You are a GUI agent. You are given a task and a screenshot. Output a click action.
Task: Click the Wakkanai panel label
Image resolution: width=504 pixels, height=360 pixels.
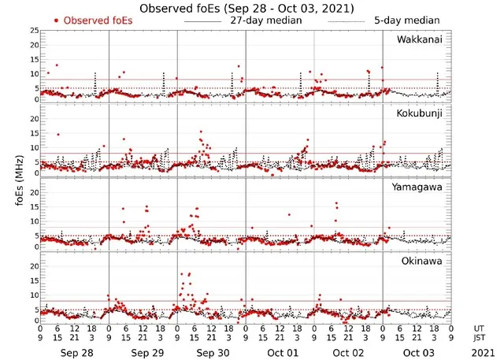pyautogui.click(x=419, y=39)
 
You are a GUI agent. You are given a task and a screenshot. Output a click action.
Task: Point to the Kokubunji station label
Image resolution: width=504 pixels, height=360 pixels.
pyautogui.click(x=420, y=113)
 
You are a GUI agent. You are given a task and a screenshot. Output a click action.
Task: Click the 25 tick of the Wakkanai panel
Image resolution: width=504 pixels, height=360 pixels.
pyautogui.click(x=33, y=30)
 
